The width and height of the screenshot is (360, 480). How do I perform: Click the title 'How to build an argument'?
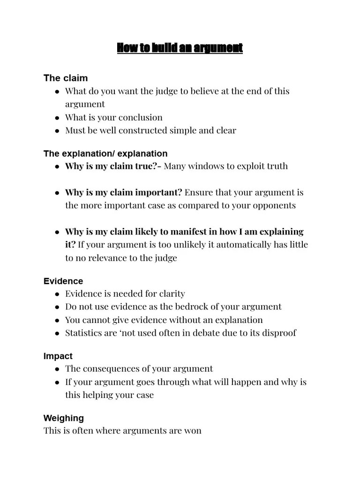[180, 48]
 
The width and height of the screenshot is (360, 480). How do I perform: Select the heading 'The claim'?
[66, 78]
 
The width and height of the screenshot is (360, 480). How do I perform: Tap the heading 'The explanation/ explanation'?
[105, 154]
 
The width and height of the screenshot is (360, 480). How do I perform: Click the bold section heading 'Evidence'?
[63, 281]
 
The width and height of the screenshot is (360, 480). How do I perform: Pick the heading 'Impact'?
[58, 356]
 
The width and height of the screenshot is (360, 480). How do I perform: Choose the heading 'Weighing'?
[64, 418]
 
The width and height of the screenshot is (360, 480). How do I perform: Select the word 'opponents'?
[272, 205]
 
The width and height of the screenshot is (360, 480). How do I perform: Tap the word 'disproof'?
[279, 333]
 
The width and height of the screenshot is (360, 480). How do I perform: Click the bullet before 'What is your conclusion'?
[57, 118]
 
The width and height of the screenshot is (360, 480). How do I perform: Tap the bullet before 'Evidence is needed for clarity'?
[57, 294]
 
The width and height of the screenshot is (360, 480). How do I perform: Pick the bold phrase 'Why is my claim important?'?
[124, 192]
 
